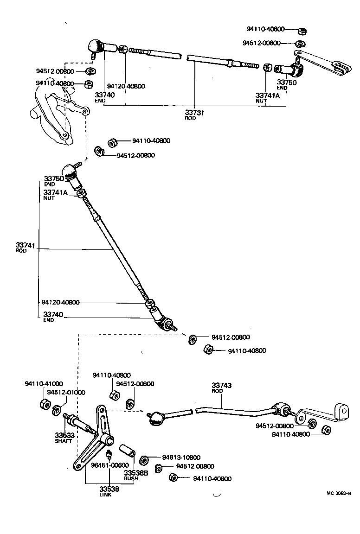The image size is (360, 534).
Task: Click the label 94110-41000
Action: [x=44, y=384]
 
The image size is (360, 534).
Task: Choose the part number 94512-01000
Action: [x=68, y=392]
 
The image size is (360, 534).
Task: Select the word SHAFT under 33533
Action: [x=64, y=441]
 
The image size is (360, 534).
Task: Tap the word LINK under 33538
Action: [x=105, y=495]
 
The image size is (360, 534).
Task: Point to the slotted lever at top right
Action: [x=325, y=63]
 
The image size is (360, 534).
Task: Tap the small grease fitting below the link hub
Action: [x=109, y=454]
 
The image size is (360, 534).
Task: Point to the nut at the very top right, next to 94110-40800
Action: [x=302, y=31]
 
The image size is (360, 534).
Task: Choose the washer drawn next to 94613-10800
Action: [x=144, y=459]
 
